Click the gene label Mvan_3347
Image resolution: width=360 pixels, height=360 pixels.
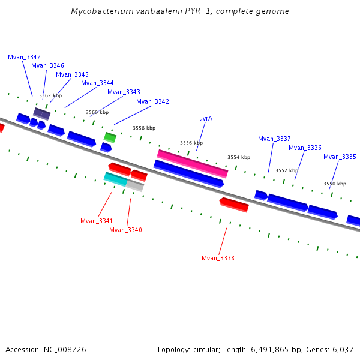click(24, 57)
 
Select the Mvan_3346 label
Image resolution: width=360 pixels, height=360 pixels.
click(47, 66)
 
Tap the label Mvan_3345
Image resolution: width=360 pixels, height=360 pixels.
click(72, 74)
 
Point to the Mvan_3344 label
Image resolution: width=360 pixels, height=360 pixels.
click(97, 83)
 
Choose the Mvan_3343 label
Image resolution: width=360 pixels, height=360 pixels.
click(124, 92)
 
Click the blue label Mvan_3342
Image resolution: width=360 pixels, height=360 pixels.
click(152, 101)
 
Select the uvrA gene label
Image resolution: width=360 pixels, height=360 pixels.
click(206, 119)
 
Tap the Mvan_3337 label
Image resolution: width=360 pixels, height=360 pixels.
click(274, 139)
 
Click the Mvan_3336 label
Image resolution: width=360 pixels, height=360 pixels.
click(305, 148)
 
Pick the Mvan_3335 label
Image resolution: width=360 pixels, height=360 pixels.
click(340, 157)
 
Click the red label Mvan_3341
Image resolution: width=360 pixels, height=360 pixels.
click(97, 221)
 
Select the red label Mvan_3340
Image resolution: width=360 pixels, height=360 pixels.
click(125, 230)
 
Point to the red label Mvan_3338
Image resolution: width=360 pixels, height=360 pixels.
click(218, 258)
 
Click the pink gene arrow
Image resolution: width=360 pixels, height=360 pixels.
click(192, 163)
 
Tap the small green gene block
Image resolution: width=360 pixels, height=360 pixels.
click(110, 137)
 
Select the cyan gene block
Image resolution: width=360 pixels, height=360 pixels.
click(115, 178)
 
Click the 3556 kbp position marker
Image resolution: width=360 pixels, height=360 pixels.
click(191, 143)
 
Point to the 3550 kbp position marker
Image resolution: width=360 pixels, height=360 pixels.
click(335, 184)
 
